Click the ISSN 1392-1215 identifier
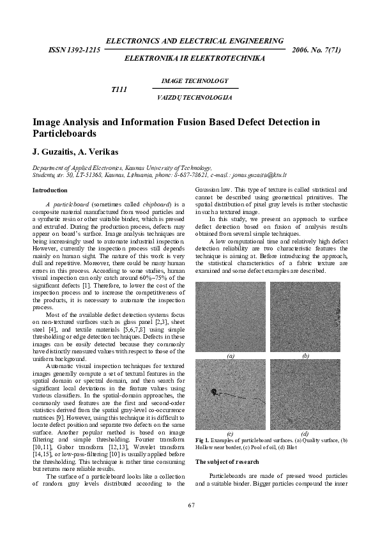(74, 50)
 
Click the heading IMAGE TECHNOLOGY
(195, 81)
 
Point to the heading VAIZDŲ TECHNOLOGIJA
(194, 98)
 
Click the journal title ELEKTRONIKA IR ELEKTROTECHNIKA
(195, 58)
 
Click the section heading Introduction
(50, 190)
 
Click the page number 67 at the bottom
(190, 505)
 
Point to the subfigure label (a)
(231, 354)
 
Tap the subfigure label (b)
(305, 354)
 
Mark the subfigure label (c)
(231, 433)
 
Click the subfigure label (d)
(305, 433)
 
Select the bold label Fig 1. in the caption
(202, 441)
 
